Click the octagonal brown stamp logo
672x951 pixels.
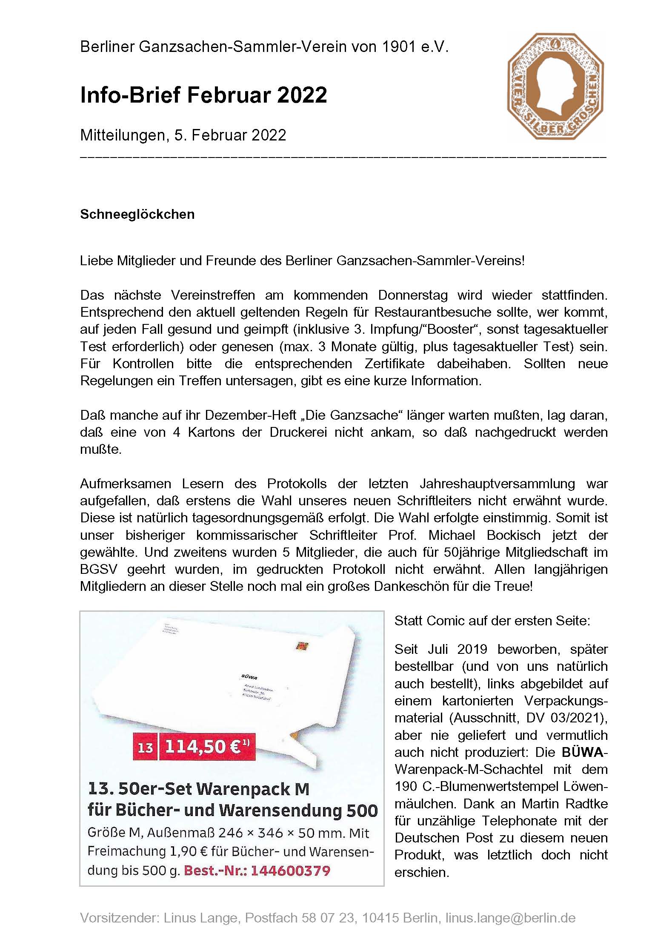coord(555,85)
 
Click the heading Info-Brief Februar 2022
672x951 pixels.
coord(203,95)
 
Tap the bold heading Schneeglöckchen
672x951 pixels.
coord(137,214)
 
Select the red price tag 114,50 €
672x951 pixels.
coord(207,747)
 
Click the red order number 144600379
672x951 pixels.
coord(290,871)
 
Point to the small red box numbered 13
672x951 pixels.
coord(145,747)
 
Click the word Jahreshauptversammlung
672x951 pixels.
coord(497,484)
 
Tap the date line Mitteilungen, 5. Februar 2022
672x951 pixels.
coord(183,135)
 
